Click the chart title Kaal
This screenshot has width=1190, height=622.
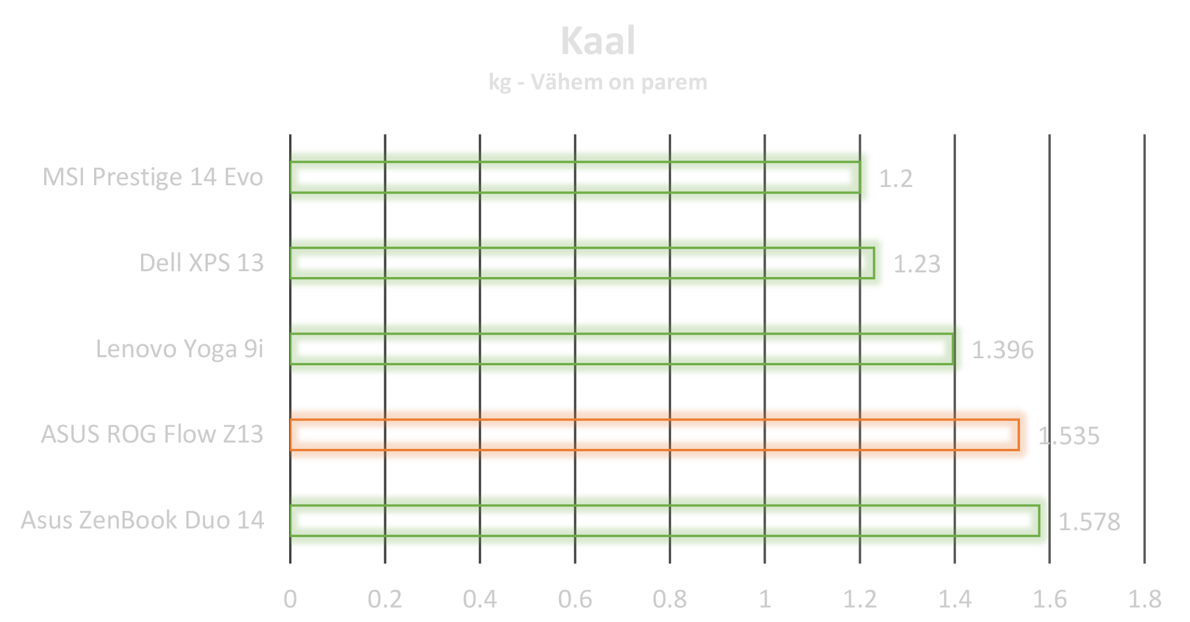point(598,42)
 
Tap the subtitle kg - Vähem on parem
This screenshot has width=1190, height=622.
point(598,82)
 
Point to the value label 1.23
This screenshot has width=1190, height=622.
point(917,264)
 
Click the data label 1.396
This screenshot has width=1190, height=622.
point(1003,350)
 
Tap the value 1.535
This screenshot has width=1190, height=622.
point(1069,436)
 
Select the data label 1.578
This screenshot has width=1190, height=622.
point(1089,522)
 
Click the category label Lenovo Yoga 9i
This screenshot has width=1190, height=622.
point(179,349)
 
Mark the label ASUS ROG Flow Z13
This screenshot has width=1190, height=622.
point(152,434)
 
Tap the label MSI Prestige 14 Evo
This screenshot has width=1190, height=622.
point(153,177)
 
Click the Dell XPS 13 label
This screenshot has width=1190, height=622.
point(201,263)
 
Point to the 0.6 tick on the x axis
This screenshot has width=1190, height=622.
point(575,598)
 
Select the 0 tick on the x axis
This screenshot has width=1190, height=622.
point(290,598)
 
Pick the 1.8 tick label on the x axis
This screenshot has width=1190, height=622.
point(1144,598)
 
